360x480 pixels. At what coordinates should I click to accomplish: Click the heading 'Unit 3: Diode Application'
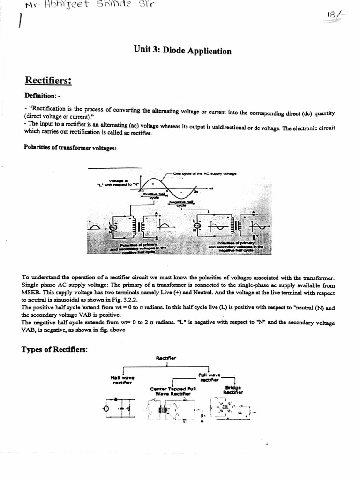pos(182,51)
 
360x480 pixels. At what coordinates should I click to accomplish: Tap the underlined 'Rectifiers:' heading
pos(48,81)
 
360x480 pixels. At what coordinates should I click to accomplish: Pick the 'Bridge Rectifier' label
pos(233,390)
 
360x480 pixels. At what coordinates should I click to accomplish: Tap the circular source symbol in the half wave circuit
pos(106,408)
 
